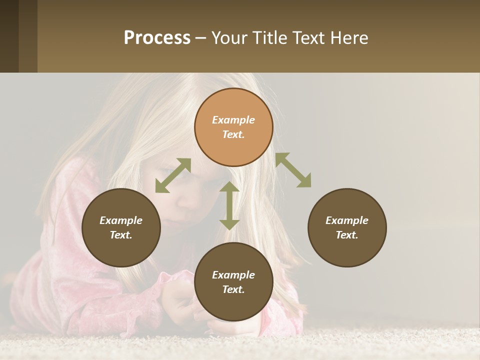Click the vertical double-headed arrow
tap(229, 205)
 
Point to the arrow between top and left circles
tap(173, 175)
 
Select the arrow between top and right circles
tap(293, 170)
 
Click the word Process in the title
tap(157, 38)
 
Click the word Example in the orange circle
tap(233, 120)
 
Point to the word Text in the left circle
tap(121, 235)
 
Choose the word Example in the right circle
tap(347, 220)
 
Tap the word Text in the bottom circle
tap(233, 289)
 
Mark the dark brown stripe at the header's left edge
tap(9, 36)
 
